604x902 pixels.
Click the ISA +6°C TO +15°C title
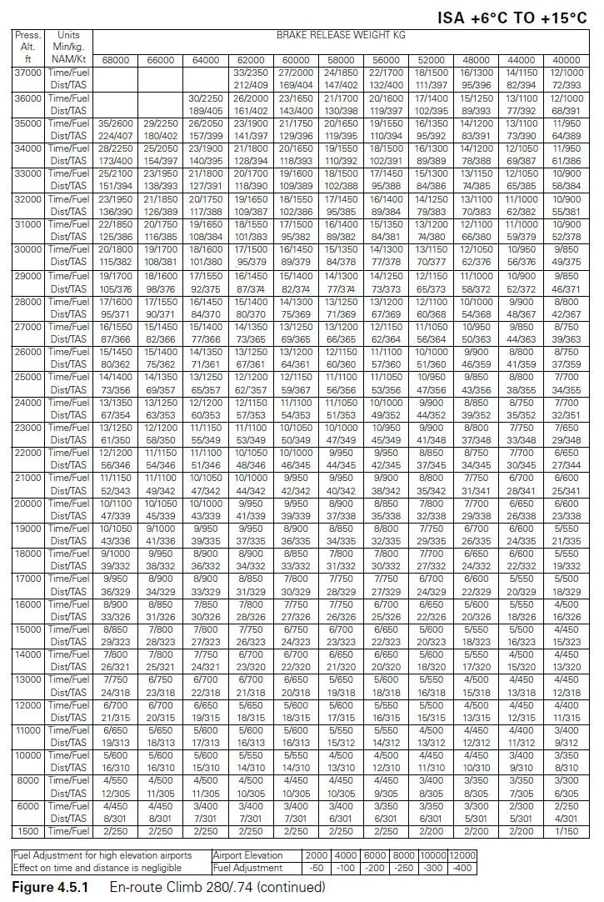point(512,18)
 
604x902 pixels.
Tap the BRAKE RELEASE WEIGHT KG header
point(341,36)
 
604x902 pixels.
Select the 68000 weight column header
point(115,60)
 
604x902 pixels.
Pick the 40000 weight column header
point(566,60)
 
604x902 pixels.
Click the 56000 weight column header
point(385,60)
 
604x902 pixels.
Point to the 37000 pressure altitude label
point(27,73)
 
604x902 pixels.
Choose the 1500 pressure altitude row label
point(27,831)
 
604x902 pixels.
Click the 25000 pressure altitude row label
point(27,376)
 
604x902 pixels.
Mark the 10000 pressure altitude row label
point(27,755)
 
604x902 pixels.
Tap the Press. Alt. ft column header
point(27,48)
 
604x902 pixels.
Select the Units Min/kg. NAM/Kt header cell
point(68,48)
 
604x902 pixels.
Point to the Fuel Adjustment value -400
point(461,868)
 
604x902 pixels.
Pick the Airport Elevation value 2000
point(316,855)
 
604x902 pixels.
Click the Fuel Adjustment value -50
point(316,868)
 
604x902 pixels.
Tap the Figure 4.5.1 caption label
point(50,887)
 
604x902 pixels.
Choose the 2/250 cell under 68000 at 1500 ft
point(115,831)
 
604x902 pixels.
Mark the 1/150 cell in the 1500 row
point(566,831)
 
